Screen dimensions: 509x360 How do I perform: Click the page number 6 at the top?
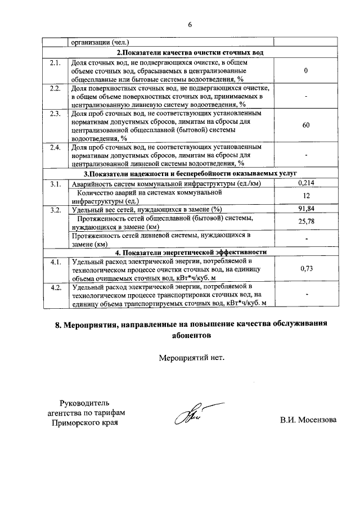pyautogui.click(x=190, y=24)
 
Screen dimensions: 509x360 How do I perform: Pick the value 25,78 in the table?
pyautogui.click(x=306, y=222)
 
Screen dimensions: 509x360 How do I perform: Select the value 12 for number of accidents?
pyautogui.click(x=306, y=196)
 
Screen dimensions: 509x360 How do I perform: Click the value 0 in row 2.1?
pyautogui.click(x=306, y=71)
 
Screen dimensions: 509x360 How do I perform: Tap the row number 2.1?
pyautogui.click(x=55, y=62)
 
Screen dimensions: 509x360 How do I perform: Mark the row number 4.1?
pyautogui.click(x=55, y=262)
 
